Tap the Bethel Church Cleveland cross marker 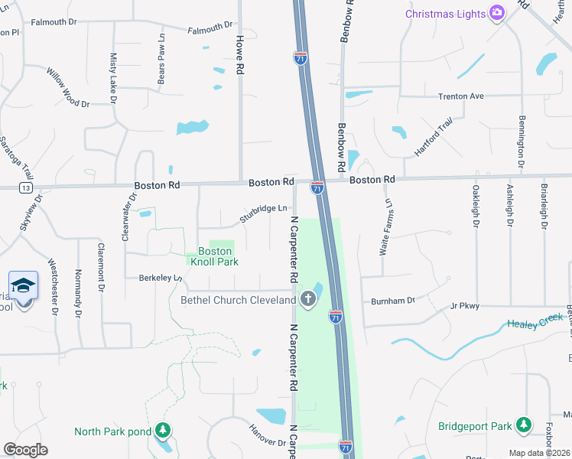pyautogui.click(x=308, y=299)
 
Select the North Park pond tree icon pyautogui.click(x=162, y=431)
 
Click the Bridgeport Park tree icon pyautogui.click(x=523, y=425)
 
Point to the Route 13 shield pyautogui.click(x=26, y=187)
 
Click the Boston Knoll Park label pyautogui.click(x=214, y=256)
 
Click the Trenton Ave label pyautogui.click(x=461, y=96)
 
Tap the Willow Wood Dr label pyautogui.click(x=68, y=86)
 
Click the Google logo pyautogui.click(x=25, y=449)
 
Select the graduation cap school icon pyautogui.click(x=24, y=285)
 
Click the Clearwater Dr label pyautogui.click(x=128, y=216)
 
